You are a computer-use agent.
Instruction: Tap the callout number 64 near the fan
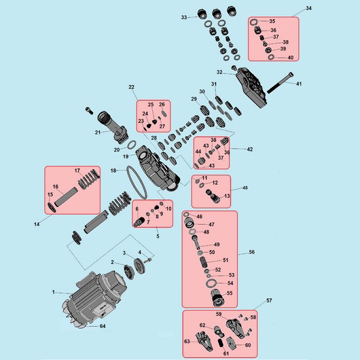click(103, 326)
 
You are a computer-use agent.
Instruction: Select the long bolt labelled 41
click(280, 83)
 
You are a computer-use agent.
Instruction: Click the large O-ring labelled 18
click(137, 183)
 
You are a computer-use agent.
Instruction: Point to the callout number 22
click(131, 87)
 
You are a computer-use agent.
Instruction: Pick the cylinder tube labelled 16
click(67, 196)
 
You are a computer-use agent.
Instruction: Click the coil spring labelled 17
click(89, 178)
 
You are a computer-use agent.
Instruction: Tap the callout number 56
click(251, 252)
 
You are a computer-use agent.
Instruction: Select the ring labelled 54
click(210, 283)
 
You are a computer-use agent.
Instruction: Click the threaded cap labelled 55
click(217, 298)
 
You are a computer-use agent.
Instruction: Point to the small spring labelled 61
click(220, 343)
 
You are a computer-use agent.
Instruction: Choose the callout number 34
click(309, 8)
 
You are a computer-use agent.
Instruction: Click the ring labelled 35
click(254, 22)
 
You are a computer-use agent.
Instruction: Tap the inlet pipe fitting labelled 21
click(113, 126)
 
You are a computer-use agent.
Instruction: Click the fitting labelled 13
click(213, 196)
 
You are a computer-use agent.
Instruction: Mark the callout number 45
click(245, 187)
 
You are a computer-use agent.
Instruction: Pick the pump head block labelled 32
click(251, 88)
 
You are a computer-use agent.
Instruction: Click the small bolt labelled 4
click(149, 260)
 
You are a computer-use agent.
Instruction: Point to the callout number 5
click(158, 236)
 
